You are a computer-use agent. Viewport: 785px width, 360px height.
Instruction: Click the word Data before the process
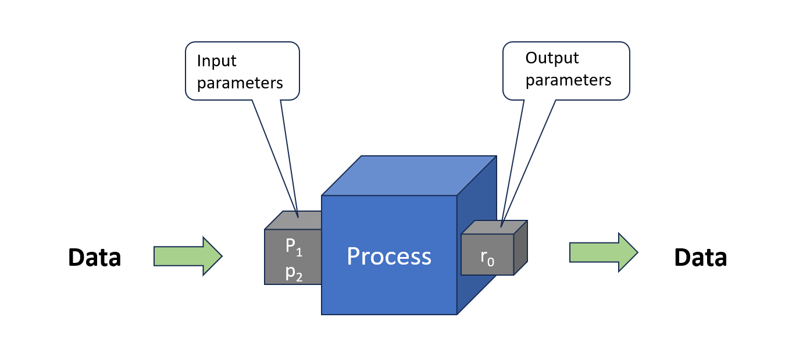(x=95, y=257)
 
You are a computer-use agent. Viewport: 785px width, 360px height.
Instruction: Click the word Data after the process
(x=701, y=257)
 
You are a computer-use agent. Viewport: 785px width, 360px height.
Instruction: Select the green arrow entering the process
(x=188, y=256)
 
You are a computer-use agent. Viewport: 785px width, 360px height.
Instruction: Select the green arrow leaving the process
(x=604, y=252)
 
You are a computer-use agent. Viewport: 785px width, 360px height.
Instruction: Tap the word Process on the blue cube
(x=389, y=256)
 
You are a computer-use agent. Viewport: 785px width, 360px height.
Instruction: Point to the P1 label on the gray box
(x=294, y=247)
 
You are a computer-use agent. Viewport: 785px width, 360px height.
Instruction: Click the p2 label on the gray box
(x=294, y=273)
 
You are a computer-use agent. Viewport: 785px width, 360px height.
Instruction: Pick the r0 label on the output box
(x=487, y=259)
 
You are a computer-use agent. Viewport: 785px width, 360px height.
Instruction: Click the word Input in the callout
(x=216, y=60)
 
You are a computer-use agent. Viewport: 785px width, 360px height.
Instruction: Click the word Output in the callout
(x=552, y=58)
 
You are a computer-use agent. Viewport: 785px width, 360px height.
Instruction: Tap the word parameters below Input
(x=240, y=83)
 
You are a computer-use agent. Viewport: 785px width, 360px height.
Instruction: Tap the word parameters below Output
(x=568, y=80)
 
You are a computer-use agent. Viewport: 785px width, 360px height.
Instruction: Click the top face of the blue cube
(x=409, y=175)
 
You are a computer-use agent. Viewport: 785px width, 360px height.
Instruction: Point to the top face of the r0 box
(x=494, y=227)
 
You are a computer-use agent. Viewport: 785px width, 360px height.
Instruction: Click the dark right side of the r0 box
(x=520, y=248)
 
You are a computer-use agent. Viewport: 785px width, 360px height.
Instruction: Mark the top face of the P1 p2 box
(x=293, y=220)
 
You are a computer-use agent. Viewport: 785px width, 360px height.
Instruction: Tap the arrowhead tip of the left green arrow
(x=222, y=256)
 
